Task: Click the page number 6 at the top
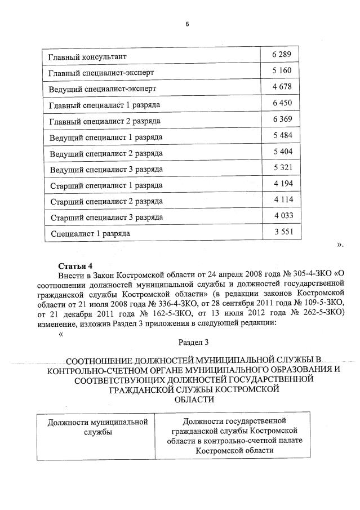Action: pos(186,24)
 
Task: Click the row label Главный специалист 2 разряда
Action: pos(105,121)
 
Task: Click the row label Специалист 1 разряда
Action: pos(90,233)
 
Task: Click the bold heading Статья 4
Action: pos(75,265)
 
